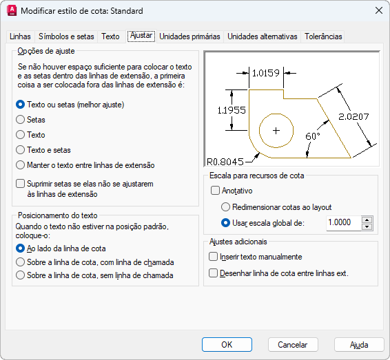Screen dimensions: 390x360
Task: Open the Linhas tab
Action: click(x=20, y=36)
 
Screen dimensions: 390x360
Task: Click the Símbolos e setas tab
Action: click(x=66, y=36)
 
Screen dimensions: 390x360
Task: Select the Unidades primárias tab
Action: click(x=189, y=36)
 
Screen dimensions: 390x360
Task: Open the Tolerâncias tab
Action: click(x=323, y=36)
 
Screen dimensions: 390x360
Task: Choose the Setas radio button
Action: click(x=21, y=120)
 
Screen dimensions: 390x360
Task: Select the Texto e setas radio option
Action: click(x=21, y=150)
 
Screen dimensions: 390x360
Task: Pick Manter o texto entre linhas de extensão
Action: click(x=21, y=165)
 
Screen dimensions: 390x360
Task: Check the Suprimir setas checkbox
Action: click(x=21, y=184)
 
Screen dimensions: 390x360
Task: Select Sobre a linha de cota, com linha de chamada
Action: click(x=21, y=262)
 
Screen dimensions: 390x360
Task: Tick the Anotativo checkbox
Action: click(x=215, y=191)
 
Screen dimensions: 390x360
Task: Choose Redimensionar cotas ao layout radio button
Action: click(x=225, y=207)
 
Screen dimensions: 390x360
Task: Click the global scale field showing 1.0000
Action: click(x=344, y=222)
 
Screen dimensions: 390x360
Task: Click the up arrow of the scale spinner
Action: click(x=367, y=220)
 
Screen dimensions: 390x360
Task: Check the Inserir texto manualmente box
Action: click(x=213, y=257)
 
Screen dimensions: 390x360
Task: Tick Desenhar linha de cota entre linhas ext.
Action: click(x=213, y=273)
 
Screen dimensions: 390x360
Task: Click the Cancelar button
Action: click(x=293, y=345)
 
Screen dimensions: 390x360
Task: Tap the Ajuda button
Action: click(x=359, y=345)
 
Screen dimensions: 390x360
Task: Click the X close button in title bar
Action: click(x=379, y=11)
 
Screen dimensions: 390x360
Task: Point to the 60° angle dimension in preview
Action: click(x=312, y=136)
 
